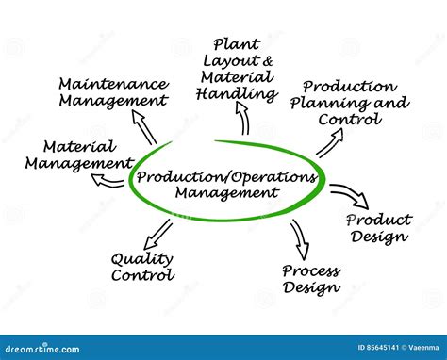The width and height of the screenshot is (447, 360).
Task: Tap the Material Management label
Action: tap(79, 155)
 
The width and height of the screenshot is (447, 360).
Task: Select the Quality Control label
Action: tap(142, 267)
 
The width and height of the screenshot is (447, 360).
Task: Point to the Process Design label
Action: tap(310, 278)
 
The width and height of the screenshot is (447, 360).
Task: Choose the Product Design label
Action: tap(378, 227)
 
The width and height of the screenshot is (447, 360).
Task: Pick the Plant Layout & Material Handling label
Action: tap(237, 69)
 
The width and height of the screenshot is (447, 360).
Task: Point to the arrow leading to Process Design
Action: tap(300, 238)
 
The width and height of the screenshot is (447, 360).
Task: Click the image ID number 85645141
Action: tap(360, 348)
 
